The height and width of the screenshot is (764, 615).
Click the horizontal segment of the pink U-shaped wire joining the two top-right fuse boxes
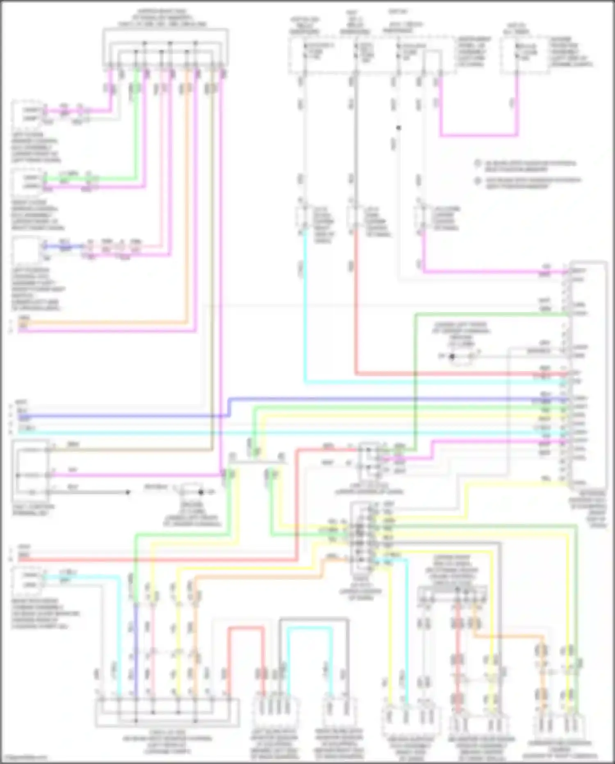coord(479,135)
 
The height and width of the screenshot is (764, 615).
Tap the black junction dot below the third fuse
coord(398,128)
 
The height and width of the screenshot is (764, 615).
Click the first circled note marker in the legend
coord(478,163)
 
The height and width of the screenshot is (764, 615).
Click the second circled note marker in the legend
coord(478,180)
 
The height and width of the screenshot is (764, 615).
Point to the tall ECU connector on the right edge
coord(588,374)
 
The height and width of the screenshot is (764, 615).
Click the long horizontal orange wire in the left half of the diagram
coord(102,323)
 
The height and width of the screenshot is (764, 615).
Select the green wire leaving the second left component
coord(90,179)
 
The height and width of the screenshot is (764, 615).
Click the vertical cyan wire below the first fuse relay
coord(305,308)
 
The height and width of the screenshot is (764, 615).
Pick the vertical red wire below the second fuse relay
coord(355,304)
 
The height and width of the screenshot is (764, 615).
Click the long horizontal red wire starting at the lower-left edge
coord(156,560)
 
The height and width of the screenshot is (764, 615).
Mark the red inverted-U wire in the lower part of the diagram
coord(246,628)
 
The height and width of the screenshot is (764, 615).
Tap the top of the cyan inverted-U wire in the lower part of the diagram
coord(310,628)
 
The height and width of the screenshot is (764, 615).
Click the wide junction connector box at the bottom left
coord(167,713)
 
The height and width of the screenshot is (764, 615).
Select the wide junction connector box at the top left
coord(165,47)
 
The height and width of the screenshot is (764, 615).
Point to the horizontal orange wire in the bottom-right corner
coord(508,637)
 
